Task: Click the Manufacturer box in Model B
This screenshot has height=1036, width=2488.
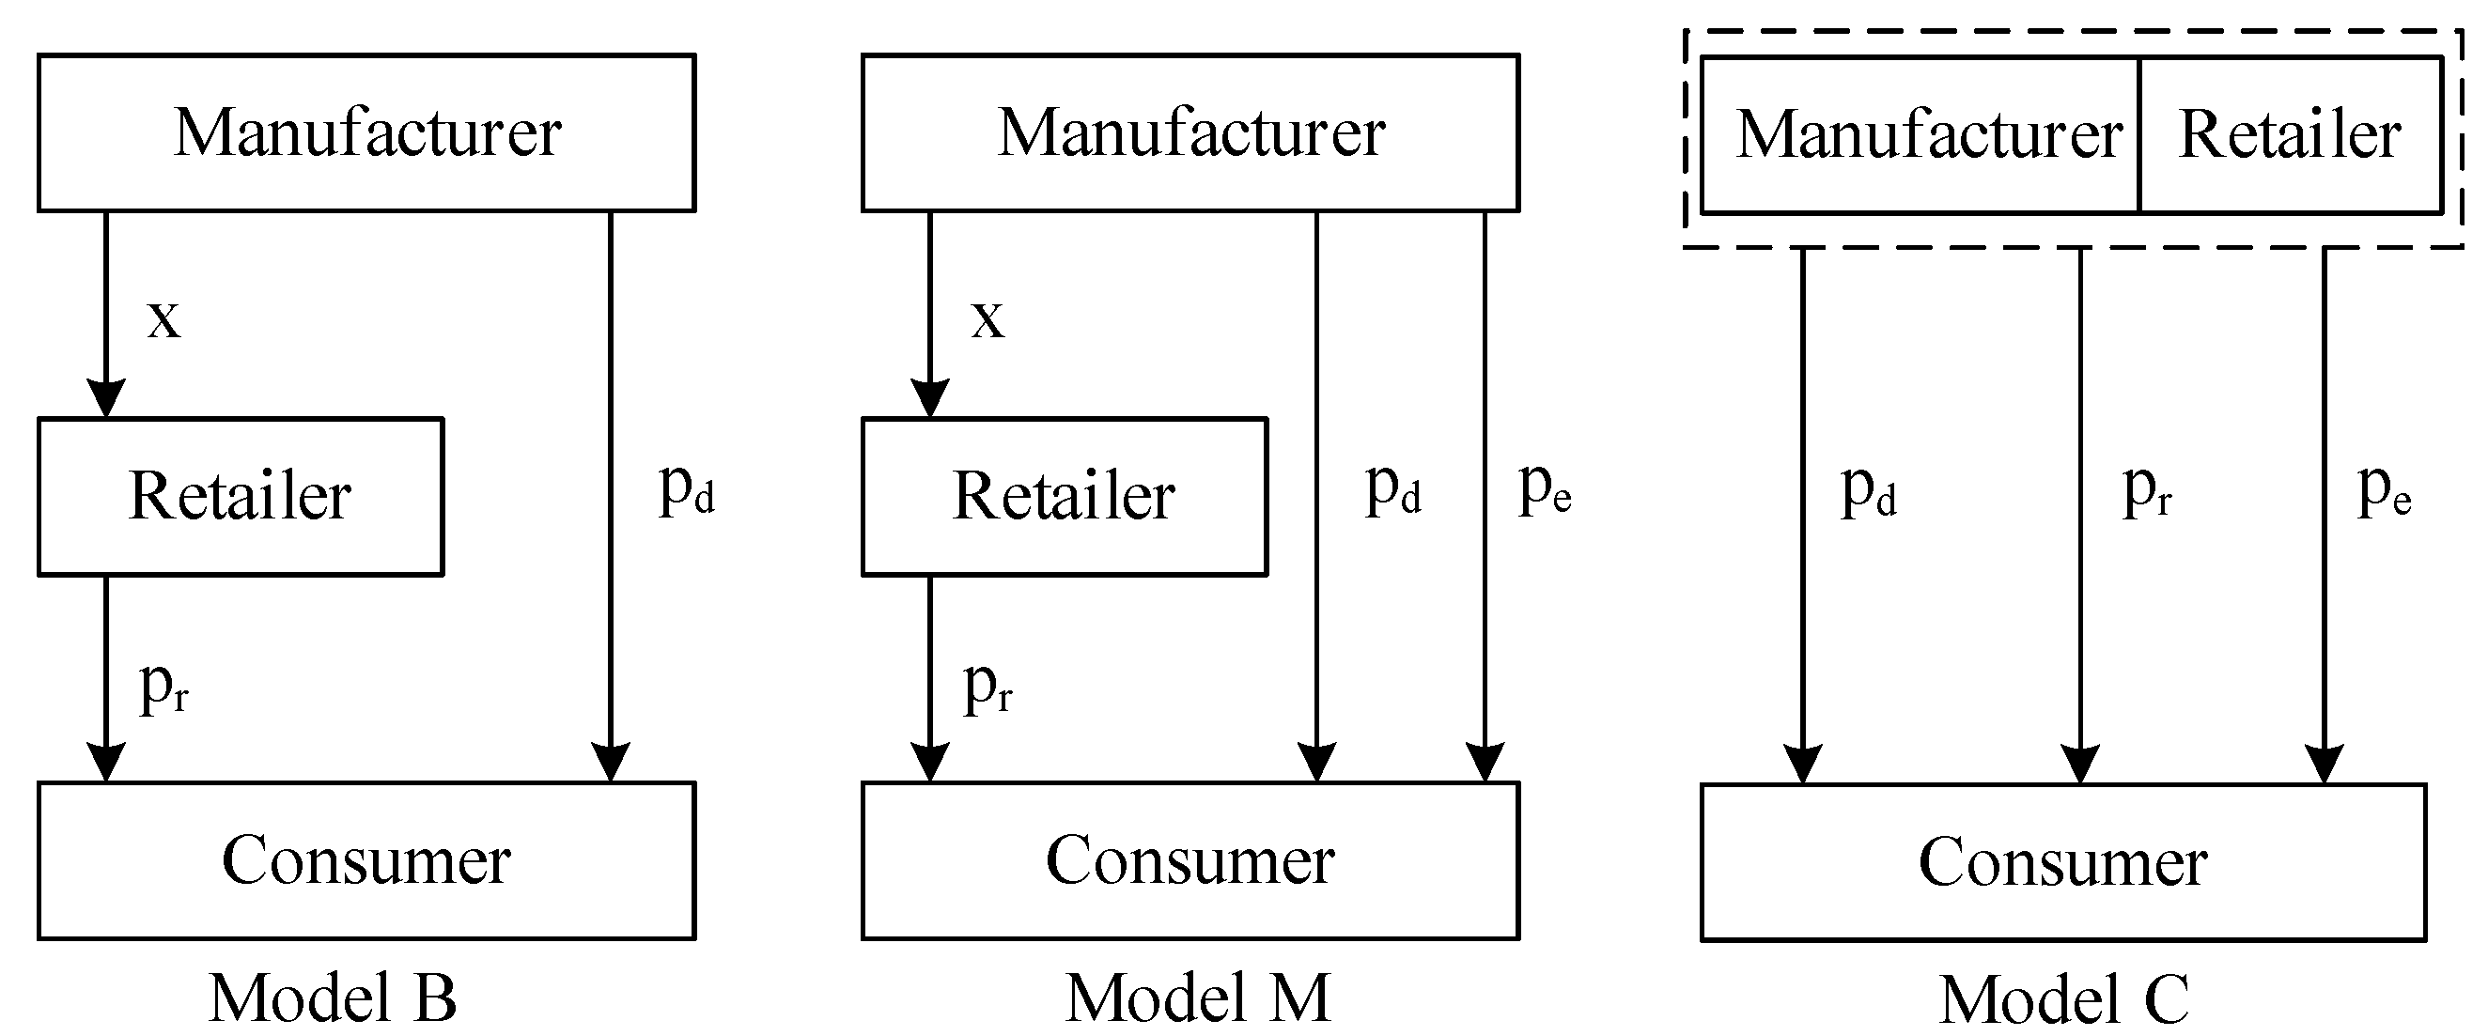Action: click(366, 132)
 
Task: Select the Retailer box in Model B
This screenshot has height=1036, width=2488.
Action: click(241, 496)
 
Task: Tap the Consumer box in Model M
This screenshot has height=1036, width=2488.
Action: click(1190, 860)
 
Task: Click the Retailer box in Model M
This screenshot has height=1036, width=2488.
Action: click(1064, 496)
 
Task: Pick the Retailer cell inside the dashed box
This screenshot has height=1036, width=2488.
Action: click(2290, 134)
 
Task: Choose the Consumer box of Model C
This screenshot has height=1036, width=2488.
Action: click(2062, 861)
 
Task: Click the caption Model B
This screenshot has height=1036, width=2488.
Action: click(333, 998)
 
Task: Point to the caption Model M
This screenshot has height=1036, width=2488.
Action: click(1198, 998)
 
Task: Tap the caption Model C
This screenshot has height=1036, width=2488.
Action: click(2064, 1000)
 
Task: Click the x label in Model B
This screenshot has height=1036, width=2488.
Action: click(163, 318)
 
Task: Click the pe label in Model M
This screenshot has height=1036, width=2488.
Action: click(1545, 489)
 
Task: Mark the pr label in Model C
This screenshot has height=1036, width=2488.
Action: click(2146, 491)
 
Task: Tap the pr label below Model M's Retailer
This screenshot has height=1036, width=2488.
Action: click(987, 688)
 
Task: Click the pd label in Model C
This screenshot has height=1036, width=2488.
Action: click(1868, 491)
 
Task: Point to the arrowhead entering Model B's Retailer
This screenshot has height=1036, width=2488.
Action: click(106, 398)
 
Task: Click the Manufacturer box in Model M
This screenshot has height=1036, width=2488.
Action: click(1190, 132)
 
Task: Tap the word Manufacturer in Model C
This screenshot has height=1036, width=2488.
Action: click(1929, 134)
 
